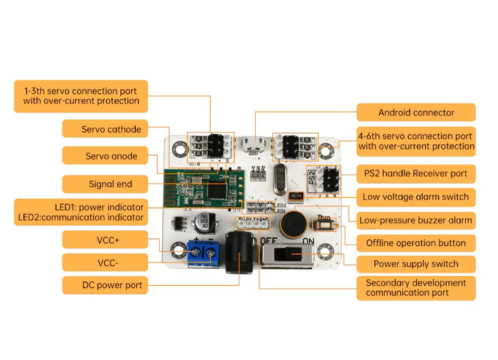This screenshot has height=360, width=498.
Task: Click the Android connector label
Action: pyautogui.click(x=416, y=112)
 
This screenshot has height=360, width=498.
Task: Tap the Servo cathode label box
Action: pyautogui.click(x=105, y=129)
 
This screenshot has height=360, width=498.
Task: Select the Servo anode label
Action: pyautogui.click(x=105, y=156)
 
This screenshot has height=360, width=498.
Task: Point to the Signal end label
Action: pyautogui.click(x=105, y=184)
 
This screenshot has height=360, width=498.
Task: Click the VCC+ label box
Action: pyautogui.click(x=105, y=240)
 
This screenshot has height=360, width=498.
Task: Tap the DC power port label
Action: pyautogui.click(x=105, y=285)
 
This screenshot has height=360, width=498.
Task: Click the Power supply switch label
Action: pyautogui.click(x=416, y=264)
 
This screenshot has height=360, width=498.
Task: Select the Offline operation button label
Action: pyautogui.click(x=416, y=243)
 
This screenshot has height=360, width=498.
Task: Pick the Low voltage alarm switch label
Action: pyautogui.click(x=416, y=196)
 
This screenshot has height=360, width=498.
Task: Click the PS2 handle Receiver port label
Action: pyautogui.click(x=416, y=173)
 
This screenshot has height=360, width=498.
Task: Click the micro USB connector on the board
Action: pyautogui.click(x=255, y=144)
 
